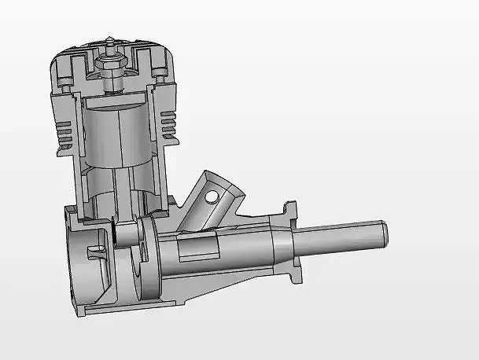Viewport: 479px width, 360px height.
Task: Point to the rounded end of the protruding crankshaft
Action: coord(385,234)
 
